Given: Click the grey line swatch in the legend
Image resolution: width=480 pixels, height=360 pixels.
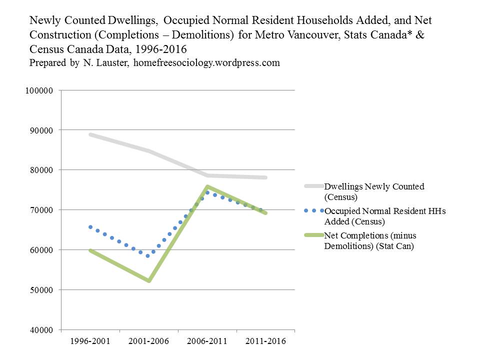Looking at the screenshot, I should [x=313, y=186].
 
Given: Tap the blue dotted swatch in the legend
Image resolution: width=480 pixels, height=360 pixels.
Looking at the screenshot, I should [x=313, y=210].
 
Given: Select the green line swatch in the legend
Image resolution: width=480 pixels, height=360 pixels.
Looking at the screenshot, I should [x=313, y=235].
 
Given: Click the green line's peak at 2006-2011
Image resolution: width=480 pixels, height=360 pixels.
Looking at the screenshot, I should [x=207, y=187].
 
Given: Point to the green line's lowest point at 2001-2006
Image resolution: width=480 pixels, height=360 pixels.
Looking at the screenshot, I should [x=148, y=280].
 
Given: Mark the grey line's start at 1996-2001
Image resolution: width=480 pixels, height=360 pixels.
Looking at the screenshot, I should [x=90, y=134].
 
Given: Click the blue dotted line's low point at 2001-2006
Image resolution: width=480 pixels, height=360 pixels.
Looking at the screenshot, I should [x=147, y=256].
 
